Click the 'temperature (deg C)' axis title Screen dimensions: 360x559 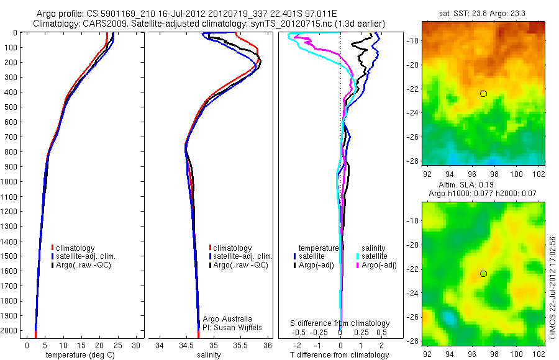tap(79, 355)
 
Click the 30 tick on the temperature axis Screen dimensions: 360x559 tap(136, 345)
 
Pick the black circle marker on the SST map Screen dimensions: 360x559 tap(483, 94)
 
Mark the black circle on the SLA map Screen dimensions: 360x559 tap(483, 274)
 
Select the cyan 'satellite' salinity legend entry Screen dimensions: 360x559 tap(375, 256)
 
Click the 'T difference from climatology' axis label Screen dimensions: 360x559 tap(340, 355)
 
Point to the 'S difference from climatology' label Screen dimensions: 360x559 tap(340, 323)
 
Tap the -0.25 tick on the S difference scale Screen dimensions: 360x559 tap(319, 332)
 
